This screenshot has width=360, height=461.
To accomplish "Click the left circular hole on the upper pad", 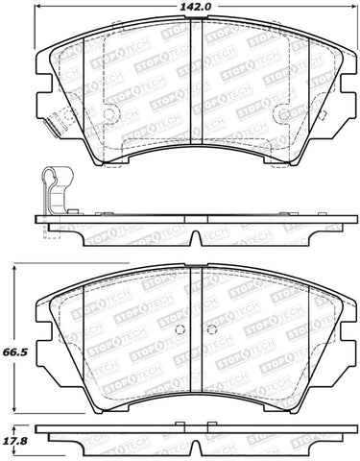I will [108, 113].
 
